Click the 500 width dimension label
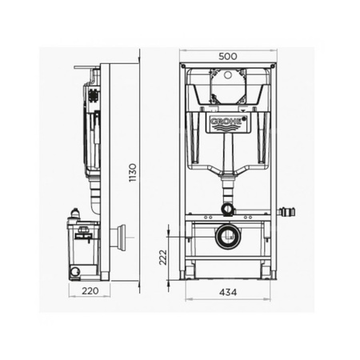[228, 56]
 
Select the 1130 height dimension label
[133, 173]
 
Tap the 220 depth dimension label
[90, 291]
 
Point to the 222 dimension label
[162, 257]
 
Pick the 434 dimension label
[228, 292]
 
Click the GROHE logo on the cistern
[227, 121]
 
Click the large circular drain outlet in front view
[228, 236]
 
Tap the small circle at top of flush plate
[228, 75]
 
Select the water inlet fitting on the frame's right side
[287, 212]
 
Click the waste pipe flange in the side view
[120, 237]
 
